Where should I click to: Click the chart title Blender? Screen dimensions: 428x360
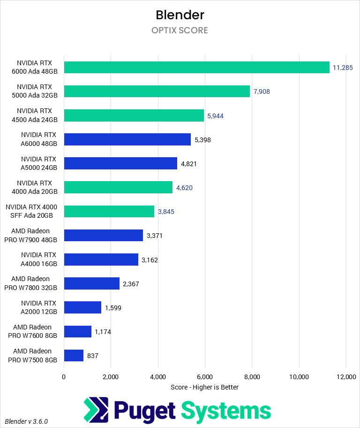[180, 15]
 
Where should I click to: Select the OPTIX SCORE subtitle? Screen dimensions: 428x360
[180, 31]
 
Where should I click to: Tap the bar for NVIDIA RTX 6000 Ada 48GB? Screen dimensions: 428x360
[197, 67]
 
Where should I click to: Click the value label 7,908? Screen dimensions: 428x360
[262, 92]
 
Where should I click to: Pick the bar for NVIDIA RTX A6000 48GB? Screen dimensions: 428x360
[127, 139]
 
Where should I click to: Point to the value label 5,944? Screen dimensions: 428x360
[216, 115]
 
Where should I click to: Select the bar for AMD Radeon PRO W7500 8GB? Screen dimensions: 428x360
[74, 356]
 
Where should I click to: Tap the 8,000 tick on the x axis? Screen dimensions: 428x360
[252, 376]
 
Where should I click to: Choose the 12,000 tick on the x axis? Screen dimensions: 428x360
[346, 376]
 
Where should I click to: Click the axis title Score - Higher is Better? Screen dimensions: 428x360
[205, 387]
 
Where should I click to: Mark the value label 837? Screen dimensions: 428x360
[93, 356]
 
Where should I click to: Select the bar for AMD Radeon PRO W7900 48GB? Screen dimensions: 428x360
[104, 235]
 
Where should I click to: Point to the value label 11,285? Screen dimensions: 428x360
[343, 68]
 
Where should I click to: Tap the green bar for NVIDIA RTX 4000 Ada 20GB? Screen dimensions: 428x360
[118, 187]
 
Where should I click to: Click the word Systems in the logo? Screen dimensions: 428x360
[226, 410]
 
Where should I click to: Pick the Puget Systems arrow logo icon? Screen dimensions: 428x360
[96, 410]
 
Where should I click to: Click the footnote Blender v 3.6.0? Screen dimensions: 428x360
[26, 421]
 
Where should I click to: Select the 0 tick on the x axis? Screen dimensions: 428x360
[64, 376]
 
